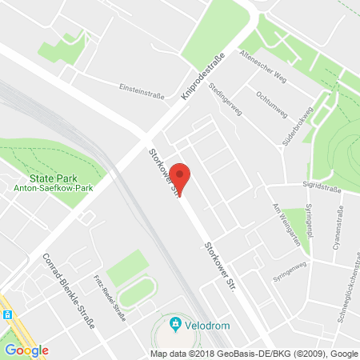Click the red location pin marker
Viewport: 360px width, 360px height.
(x=182, y=178)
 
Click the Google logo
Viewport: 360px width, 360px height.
(x=26, y=350)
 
